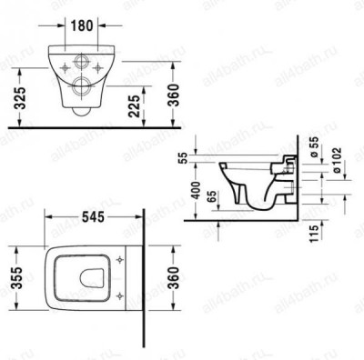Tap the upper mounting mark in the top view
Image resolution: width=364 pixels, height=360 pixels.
[x=121, y=258]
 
